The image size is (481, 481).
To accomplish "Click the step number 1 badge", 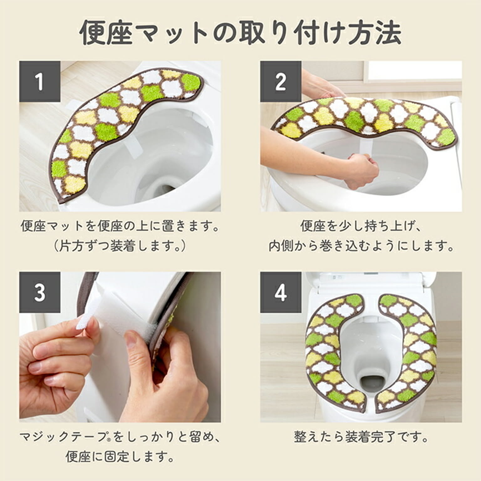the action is pos(39,81).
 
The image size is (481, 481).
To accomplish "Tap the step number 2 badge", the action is pos(281,81).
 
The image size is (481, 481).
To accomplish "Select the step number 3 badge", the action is pos(39,292).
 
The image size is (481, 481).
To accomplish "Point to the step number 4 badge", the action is pos(281,292).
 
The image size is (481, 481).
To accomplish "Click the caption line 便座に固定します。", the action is pos(120,457).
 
